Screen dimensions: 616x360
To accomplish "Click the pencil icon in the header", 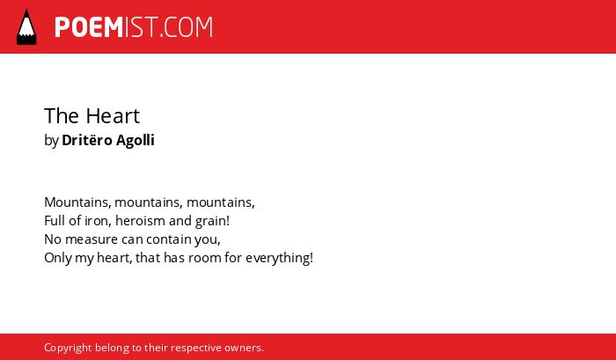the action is [x=26, y=26].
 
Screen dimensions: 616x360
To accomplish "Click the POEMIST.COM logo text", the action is [x=134, y=27].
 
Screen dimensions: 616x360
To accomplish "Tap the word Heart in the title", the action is [x=113, y=115].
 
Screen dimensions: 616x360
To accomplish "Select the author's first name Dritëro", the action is [x=86, y=140].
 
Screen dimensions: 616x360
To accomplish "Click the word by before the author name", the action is [x=51, y=141].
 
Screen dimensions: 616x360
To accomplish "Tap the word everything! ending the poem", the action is [x=279, y=258].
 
